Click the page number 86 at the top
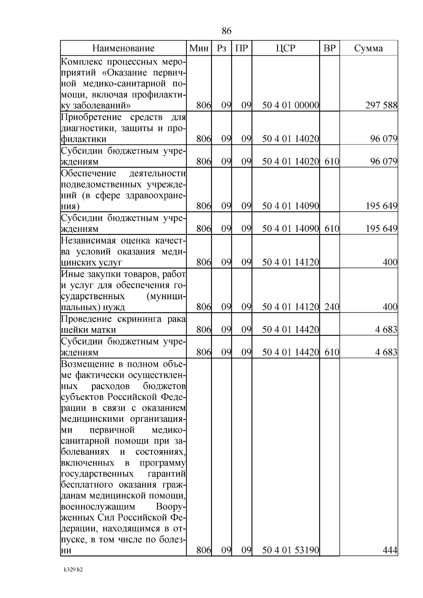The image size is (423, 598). [x=227, y=31]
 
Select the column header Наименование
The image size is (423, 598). [x=123, y=48]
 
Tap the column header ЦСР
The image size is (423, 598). [x=286, y=48]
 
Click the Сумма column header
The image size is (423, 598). [x=368, y=48]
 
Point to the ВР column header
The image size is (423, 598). [x=330, y=48]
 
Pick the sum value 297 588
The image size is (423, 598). [x=381, y=105]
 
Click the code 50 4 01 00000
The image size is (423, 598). [x=290, y=105]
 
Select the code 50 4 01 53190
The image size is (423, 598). [x=290, y=550]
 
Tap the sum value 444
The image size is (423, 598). [x=390, y=550]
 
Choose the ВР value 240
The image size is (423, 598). [x=332, y=307]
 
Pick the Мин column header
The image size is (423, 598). [x=199, y=48]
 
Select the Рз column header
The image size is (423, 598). [x=221, y=48]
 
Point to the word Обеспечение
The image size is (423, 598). [x=88, y=173]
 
